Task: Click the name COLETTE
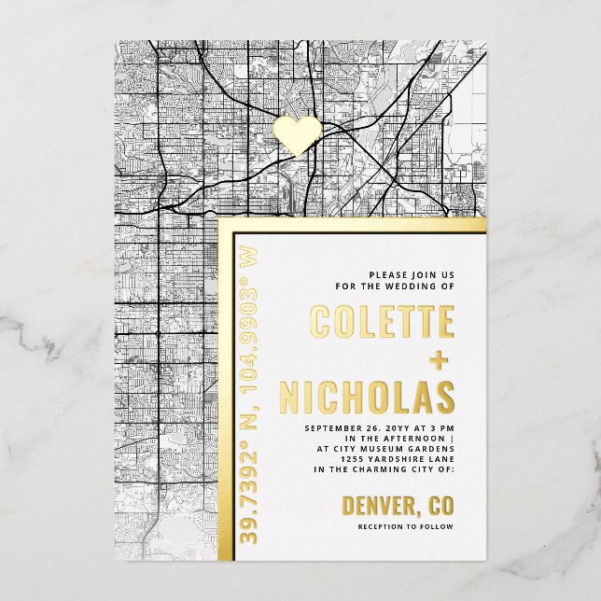click(382, 321)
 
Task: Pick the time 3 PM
click(437, 427)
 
